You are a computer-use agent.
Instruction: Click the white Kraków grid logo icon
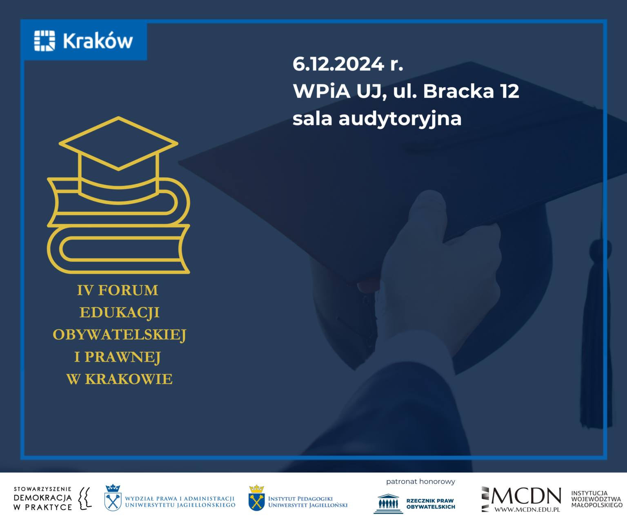point(44,40)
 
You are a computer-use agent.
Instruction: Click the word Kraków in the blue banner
point(98,40)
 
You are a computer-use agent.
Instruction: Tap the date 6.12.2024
point(338,64)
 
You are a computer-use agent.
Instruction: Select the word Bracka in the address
point(458,91)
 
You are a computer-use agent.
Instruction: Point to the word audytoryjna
point(400,119)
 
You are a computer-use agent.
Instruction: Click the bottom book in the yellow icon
point(118,249)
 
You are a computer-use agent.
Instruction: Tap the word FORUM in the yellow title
point(128,290)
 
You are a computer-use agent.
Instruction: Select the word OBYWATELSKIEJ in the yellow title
point(120,335)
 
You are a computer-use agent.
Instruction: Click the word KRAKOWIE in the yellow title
point(129,379)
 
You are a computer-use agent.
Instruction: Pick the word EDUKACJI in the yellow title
point(120,312)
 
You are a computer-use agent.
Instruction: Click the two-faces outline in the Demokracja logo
point(84,499)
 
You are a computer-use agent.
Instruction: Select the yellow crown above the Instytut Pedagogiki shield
point(256,489)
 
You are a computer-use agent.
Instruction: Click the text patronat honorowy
point(420,481)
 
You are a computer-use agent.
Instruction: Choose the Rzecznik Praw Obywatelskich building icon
point(388,504)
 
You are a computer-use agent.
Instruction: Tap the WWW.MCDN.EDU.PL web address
point(527,510)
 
